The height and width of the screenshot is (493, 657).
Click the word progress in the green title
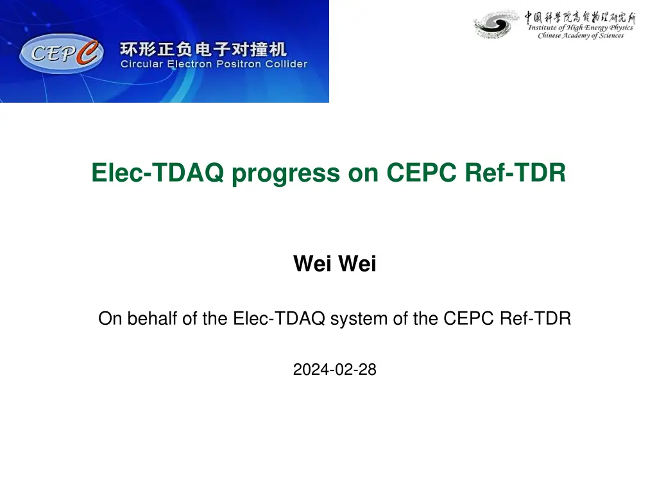point(286,173)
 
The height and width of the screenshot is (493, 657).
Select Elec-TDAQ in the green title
point(158,172)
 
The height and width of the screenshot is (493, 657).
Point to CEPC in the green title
point(421,172)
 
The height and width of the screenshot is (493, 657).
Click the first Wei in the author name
point(312,263)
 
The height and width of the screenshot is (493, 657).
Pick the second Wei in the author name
point(357,263)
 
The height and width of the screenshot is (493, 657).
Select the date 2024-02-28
point(334,369)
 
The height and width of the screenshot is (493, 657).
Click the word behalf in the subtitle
point(153,318)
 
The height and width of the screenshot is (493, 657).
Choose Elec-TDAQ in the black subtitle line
point(279,318)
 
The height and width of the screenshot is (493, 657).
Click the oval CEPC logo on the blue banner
point(61,54)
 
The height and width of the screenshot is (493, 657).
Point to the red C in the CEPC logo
point(87,52)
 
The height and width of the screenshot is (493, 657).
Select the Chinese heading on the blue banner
point(203,49)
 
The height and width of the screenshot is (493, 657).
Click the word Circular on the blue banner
point(142,64)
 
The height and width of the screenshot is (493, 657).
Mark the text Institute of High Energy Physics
point(581,28)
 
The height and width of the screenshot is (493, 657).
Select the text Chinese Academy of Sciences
point(581,36)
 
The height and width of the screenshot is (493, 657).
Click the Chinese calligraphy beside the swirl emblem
point(580,17)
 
